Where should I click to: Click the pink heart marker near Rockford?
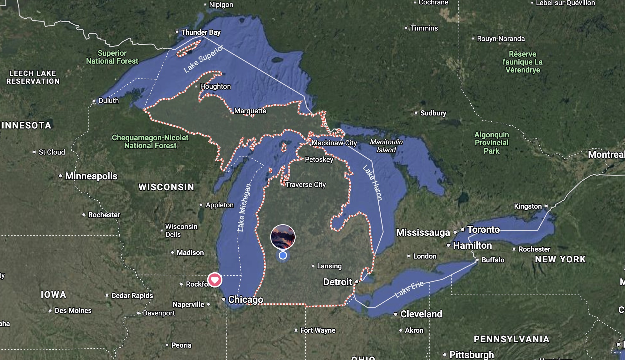pyautogui.click(x=215, y=280)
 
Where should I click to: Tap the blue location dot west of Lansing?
pyautogui.click(x=283, y=255)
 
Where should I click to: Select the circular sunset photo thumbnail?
pyautogui.click(x=283, y=237)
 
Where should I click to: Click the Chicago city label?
pyautogui.click(x=245, y=300)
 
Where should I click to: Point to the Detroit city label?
pyautogui.click(x=337, y=282)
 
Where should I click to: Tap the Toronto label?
pyautogui.click(x=483, y=230)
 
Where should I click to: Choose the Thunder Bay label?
pyautogui.click(x=200, y=32)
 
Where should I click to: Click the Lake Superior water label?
pyautogui.click(x=203, y=59)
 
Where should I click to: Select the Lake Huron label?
pyautogui.click(x=373, y=183)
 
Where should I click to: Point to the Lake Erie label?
pyautogui.click(x=409, y=289)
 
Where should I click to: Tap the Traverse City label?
pyautogui.click(x=305, y=185)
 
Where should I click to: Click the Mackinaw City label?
pyautogui.click(x=334, y=143)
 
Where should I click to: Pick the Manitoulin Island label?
pyautogui.click(x=386, y=146)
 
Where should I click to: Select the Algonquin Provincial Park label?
pyautogui.click(x=491, y=143)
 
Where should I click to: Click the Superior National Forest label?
pyautogui.click(x=112, y=57)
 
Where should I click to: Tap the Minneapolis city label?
pyautogui.click(x=91, y=176)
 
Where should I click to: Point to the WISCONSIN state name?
pyautogui.click(x=166, y=187)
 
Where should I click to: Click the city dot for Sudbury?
pyautogui.click(x=416, y=113)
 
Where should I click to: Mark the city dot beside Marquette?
pyautogui.click(x=231, y=111)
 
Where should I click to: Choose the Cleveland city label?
pyautogui.click(x=421, y=314)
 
